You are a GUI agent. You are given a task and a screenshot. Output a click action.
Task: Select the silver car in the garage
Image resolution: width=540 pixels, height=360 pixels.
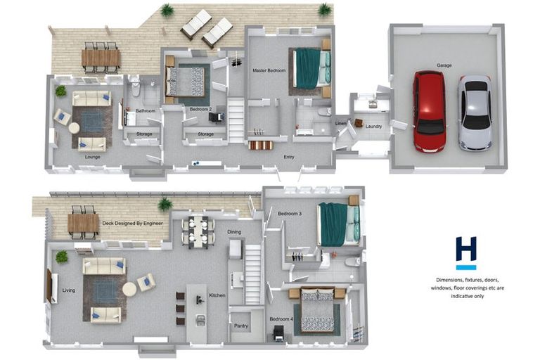(x=475, y=112)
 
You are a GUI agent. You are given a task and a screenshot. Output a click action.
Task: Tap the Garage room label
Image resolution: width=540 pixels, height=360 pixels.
(x=444, y=65)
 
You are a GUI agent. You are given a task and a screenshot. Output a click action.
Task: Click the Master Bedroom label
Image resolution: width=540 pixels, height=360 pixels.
(x=269, y=70)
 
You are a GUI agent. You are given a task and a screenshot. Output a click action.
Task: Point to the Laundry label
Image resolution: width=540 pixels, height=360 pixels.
(x=373, y=127)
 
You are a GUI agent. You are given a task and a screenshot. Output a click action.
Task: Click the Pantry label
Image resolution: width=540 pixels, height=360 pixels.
(x=241, y=326)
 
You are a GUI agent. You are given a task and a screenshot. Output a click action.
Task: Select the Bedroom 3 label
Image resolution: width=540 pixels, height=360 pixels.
(x=290, y=214)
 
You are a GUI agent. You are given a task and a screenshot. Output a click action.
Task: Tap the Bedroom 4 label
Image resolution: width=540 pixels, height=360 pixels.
(x=281, y=319)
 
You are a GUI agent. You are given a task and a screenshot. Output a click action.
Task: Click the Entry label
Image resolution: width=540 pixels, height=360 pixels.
(x=289, y=157)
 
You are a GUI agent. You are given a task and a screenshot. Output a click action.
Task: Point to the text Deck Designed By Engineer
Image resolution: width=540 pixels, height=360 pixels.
(x=133, y=223)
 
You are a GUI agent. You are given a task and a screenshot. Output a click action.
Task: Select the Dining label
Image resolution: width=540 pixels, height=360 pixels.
(x=234, y=232)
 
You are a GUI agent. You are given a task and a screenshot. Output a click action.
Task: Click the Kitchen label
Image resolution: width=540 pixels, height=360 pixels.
(x=217, y=295)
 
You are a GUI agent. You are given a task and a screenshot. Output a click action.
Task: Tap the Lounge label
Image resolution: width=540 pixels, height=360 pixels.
(x=93, y=157)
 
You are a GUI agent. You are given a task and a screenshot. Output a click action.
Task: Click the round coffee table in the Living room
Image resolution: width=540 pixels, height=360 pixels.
(x=129, y=290)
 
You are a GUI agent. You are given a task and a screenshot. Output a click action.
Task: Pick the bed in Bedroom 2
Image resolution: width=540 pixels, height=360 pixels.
(x=186, y=82)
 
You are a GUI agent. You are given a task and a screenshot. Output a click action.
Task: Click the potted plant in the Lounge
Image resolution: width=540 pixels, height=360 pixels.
(x=60, y=91)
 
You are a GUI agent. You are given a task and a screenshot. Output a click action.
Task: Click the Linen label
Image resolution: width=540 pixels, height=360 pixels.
(x=340, y=123)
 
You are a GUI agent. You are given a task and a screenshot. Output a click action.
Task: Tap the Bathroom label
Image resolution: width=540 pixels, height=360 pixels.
(x=146, y=111)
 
